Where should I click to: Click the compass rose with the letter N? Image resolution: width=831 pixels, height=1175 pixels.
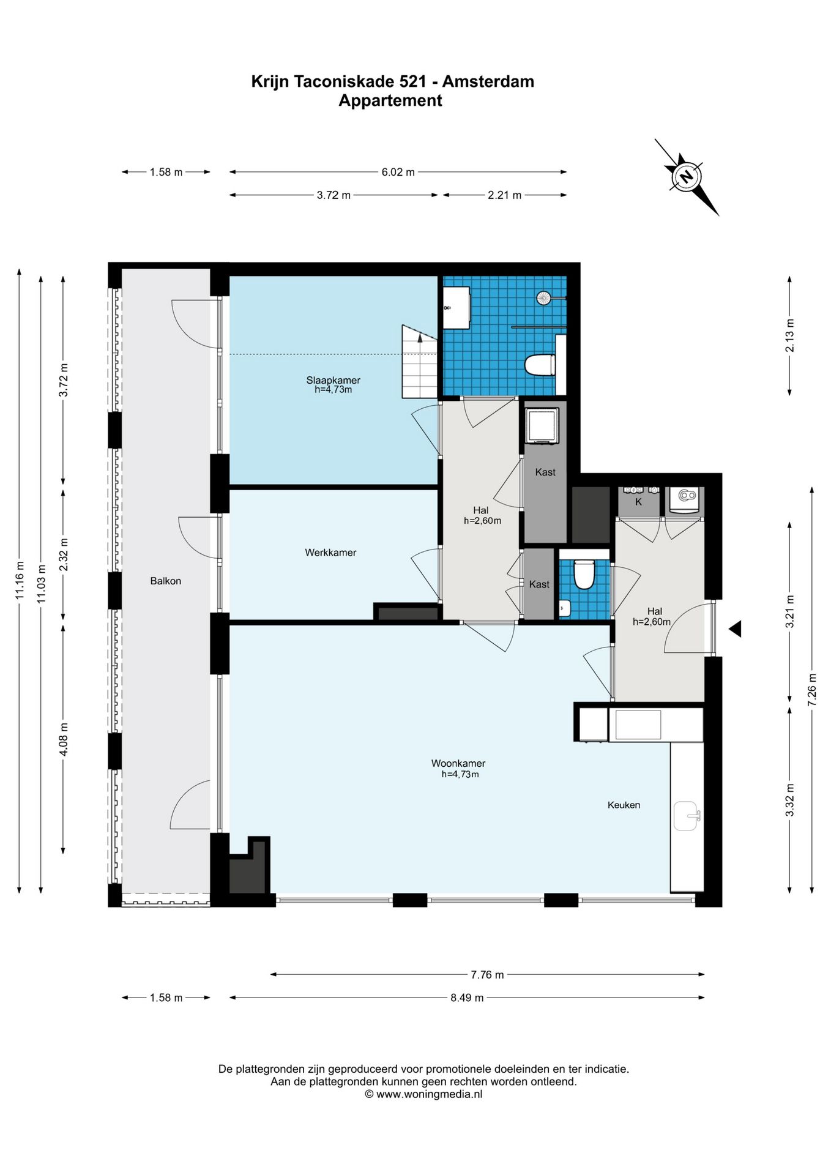[687, 177]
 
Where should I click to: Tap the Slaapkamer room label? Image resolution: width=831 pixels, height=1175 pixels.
[333, 380]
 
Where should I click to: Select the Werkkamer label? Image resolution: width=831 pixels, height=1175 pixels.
[330, 553]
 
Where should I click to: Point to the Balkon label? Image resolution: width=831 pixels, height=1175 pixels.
[166, 581]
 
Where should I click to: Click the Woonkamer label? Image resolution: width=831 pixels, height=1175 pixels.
[458, 763]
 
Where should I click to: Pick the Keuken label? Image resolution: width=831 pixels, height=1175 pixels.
[624, 805]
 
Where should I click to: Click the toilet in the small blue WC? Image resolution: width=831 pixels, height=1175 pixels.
[584, 574]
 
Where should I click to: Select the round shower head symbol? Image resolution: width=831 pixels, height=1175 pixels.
[544, 298]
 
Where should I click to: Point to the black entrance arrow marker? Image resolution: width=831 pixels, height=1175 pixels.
[735, 629]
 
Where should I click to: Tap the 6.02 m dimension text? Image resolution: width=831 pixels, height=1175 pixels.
[398, 172]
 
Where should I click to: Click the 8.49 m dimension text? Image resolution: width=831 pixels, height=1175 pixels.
[467, 998]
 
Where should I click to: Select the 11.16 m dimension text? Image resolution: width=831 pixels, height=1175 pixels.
[20, 580]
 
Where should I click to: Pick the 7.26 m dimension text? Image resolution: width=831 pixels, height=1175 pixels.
[812, 690]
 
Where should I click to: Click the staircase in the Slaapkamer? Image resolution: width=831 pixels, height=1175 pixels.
[420, 361]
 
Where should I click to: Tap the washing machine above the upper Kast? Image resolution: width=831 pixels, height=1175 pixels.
[542, 425]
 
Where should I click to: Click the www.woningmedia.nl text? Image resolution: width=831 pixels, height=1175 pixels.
[429, 1094]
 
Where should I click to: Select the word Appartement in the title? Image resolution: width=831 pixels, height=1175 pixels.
[390, 100]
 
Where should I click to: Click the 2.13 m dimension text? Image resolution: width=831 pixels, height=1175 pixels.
[789, 335]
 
